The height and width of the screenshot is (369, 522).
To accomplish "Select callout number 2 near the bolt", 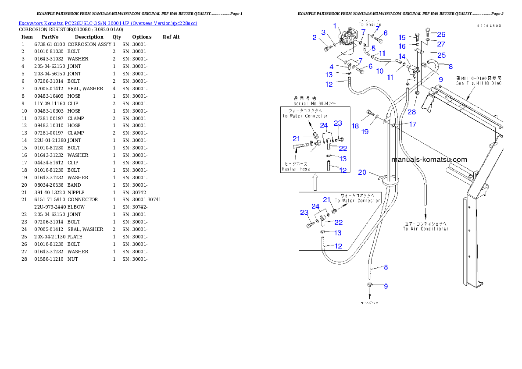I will (x=315, y=38).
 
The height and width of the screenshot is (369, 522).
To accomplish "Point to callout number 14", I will (x=402, y=56).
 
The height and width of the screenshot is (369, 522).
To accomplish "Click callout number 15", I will (x=402, y=37).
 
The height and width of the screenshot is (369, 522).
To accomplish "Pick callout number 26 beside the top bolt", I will (x=441, y=34).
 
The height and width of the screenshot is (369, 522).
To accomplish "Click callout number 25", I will (x=441, y=55).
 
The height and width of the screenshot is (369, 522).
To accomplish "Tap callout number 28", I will (x=411, y=112).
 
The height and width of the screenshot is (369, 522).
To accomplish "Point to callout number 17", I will (x=412, y=124).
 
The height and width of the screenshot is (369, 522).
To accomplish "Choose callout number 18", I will (x=355, y=126).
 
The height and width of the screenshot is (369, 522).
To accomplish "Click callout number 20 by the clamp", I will (x=362, y=172).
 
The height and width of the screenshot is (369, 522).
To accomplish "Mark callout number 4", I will (x=332, y=67).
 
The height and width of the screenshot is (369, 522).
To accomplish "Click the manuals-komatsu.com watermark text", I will (x=429, y=160).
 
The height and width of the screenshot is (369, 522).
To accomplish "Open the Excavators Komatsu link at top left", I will (x=107, y=23).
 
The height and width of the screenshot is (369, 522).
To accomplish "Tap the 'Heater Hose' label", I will (x=296, y=169).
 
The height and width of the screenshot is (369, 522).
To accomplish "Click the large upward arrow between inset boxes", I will (x=315, y=182).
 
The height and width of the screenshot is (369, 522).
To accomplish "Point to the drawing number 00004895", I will (x=490, y=26).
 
